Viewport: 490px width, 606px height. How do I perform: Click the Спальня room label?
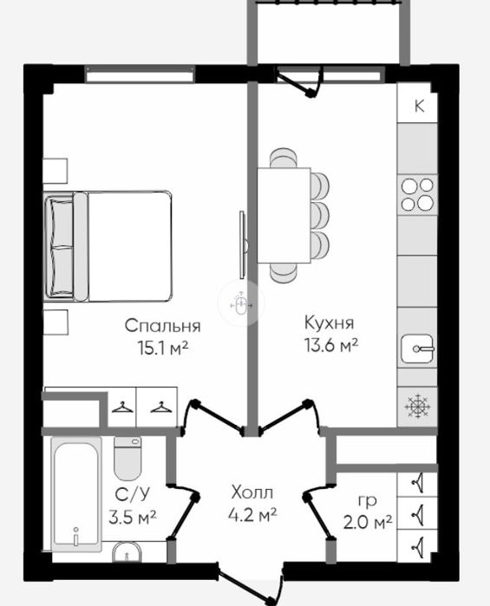[162, 326]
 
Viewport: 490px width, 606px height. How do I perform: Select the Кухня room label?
[329, 323]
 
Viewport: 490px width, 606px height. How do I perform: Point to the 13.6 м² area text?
[331, 345]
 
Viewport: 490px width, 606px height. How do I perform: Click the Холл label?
[252, 492]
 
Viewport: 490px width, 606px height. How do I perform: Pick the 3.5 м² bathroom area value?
[133, 517]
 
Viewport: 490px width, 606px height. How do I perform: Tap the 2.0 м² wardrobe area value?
[368, 523]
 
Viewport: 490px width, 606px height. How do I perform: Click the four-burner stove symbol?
[417, 194]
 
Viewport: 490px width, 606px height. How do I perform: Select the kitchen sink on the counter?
[417, 349]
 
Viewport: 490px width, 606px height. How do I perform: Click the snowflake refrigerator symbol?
[417, 407]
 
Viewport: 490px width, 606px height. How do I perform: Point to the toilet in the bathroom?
[127, 459]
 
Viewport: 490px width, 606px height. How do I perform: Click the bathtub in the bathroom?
[76, 494]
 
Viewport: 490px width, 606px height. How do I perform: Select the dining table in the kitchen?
[284, 215]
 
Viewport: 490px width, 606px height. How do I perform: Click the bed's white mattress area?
[129, 246]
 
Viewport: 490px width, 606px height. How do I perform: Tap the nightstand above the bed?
[56, 171]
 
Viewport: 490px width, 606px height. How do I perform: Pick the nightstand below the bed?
[56, 323]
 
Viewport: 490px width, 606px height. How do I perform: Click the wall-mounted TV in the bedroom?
[243, 244]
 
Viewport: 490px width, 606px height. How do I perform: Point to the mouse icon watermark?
[241, 303]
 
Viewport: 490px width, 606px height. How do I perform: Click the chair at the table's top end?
[284, 158]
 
